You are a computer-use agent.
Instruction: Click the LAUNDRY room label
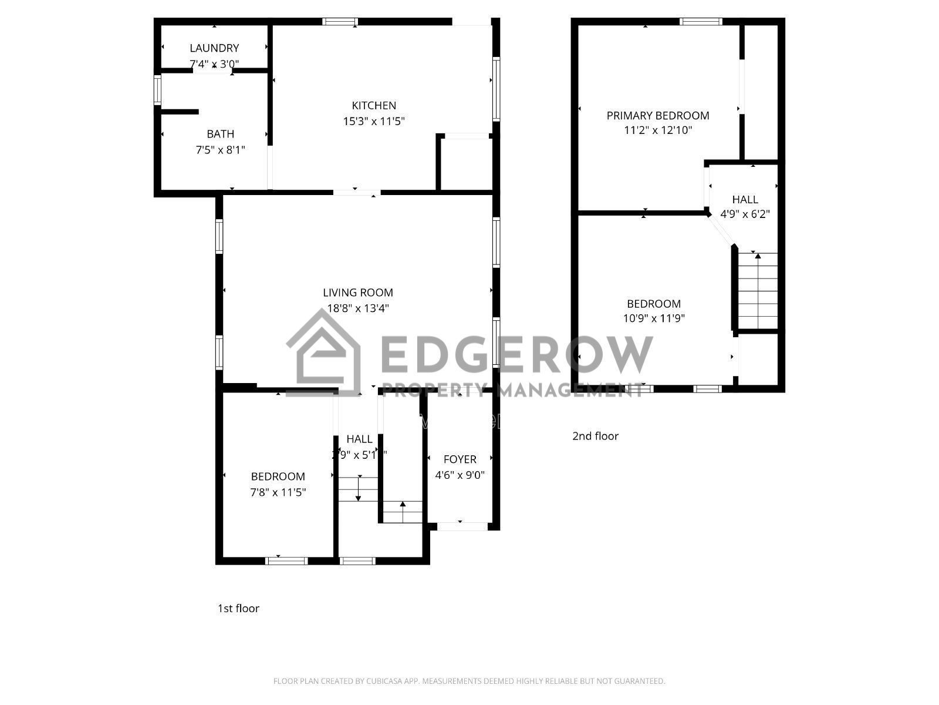tap(214, 48)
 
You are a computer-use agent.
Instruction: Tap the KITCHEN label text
tap(374, 106)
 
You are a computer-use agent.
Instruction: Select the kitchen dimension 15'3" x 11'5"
tap(374, 122)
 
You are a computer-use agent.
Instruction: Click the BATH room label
tap(220, 134)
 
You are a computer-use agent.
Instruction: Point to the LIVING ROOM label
tap(358, 293)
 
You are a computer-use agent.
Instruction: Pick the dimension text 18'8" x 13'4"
tap(358, 308)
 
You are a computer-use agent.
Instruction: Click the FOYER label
tap(460, 459)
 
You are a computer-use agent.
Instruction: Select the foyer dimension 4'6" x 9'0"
tap(460, 475)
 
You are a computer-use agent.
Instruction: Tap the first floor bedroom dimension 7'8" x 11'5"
tap(278, 492)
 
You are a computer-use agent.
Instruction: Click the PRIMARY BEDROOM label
tap(658, 116)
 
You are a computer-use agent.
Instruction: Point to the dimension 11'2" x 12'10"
tap(658, 130)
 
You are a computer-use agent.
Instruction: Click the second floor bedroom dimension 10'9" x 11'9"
tap(654, 318)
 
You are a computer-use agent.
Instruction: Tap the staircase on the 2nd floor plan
tap(758, 291)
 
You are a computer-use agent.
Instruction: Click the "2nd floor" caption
tap(595, 436)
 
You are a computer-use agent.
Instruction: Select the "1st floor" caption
tap(238, 609)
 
